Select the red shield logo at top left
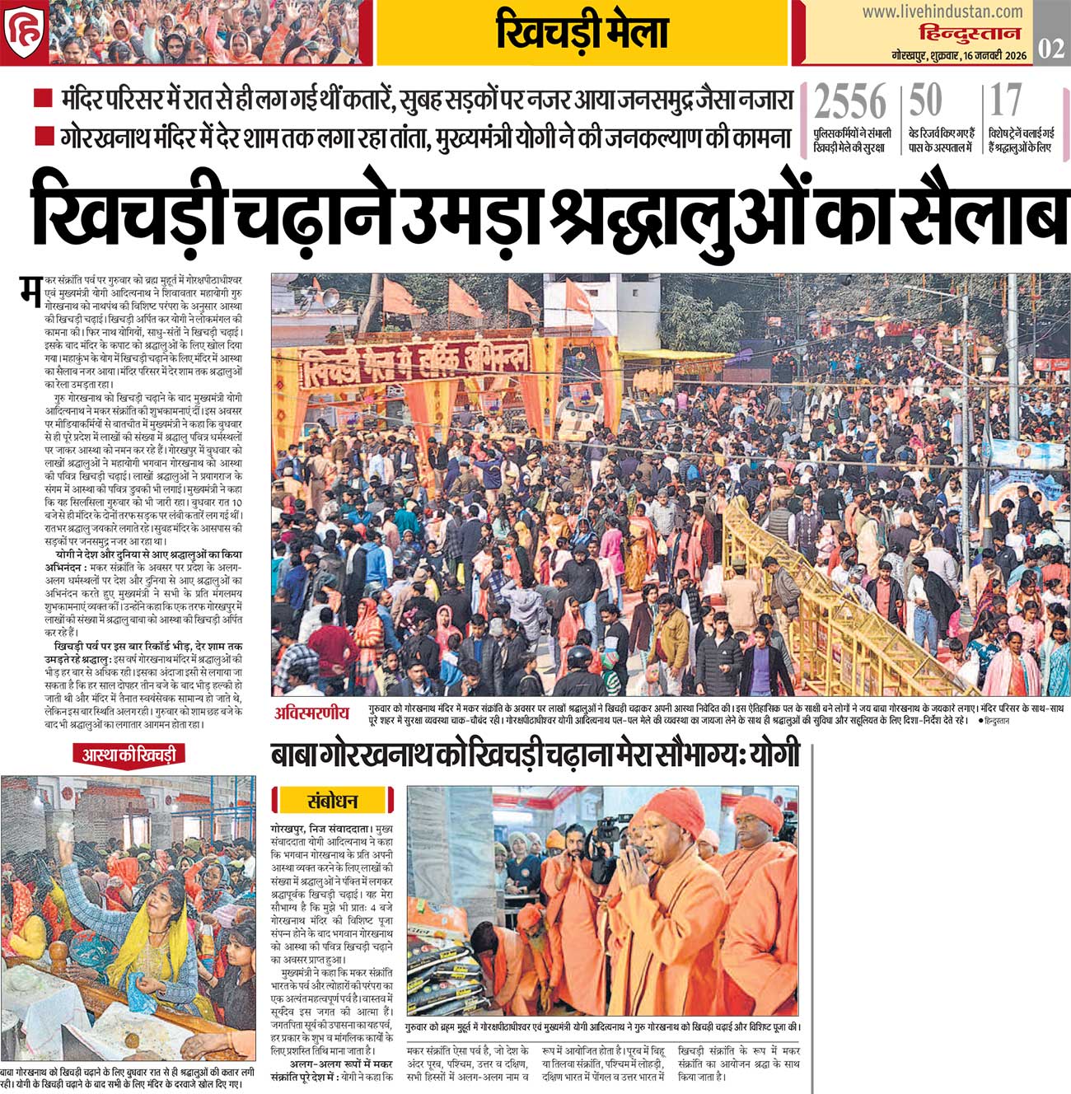click(22, 33)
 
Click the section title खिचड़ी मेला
click(582, 34)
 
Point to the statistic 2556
click(850, 103)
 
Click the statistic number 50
click(925, 102)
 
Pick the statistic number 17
click(1005, 102)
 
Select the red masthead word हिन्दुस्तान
click(970, 34)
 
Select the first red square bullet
click(43, 100)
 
